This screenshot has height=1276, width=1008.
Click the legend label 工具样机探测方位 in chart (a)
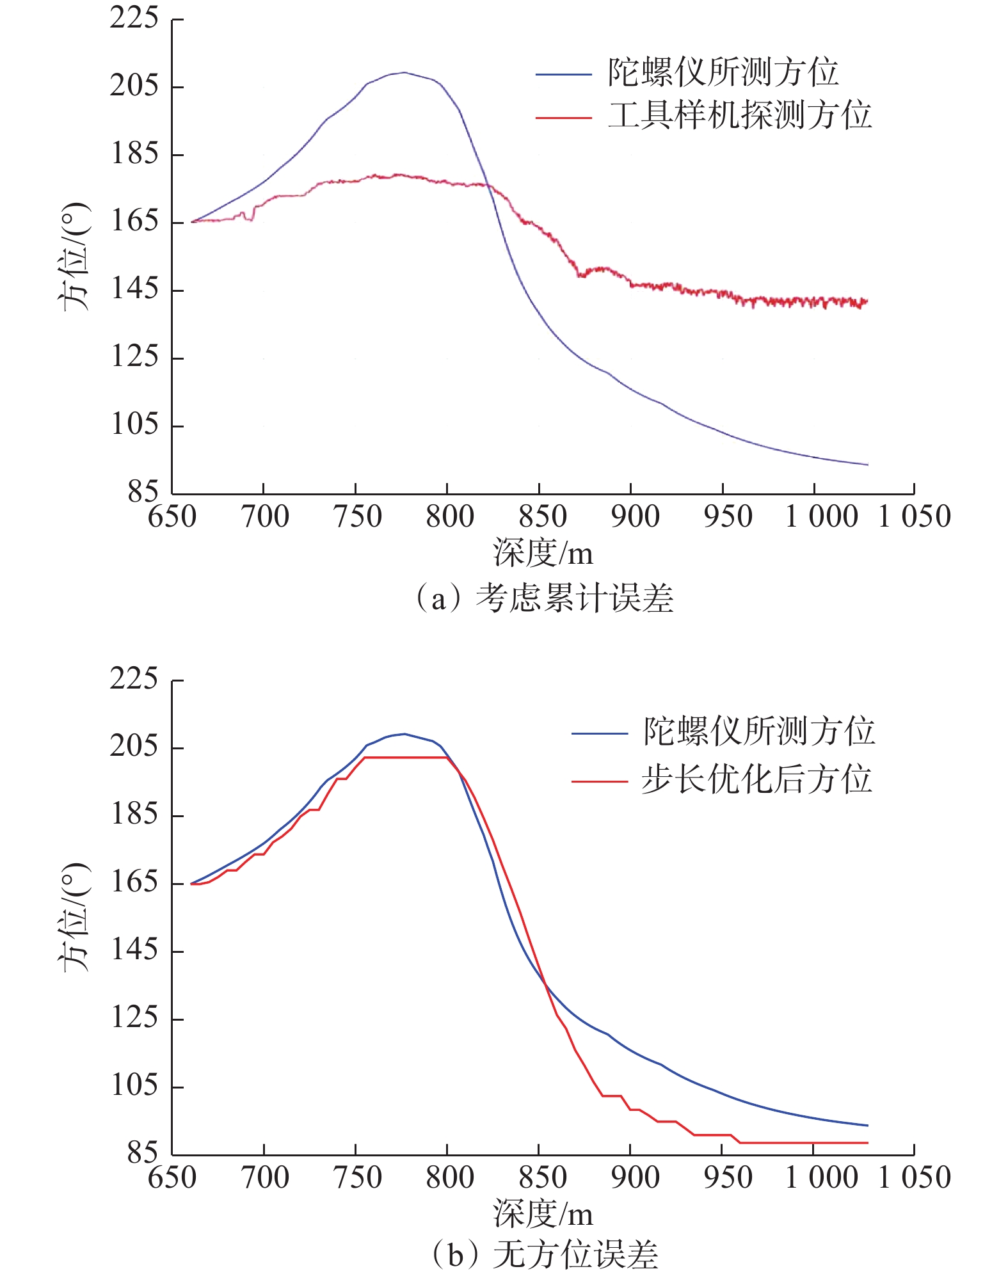click(x=739, y=116)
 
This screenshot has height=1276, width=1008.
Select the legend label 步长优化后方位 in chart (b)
click(x=757, y=779)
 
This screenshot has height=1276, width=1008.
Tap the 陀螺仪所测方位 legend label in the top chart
click(x=723, y=72)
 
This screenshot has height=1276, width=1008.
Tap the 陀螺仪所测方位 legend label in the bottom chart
click(x=758, y=731)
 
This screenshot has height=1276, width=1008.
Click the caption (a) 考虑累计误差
click(x=544, y=599)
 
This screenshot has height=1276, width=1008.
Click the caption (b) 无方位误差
click(x=544, y=1254)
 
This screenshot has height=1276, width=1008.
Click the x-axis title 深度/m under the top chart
click(x=543, y=553)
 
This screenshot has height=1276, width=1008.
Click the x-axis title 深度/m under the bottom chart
click(x=543, y=1214)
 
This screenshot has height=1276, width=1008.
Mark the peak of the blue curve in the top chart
click(x=404, y=72)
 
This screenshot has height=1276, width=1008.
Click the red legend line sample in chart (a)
click(x=563, y=118)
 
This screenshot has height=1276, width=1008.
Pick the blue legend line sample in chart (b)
click(x=599, y=733)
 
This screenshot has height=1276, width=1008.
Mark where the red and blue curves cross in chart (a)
click(x=488, y=185)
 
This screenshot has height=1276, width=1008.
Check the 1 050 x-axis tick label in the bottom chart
click(x=914, y=1177)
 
